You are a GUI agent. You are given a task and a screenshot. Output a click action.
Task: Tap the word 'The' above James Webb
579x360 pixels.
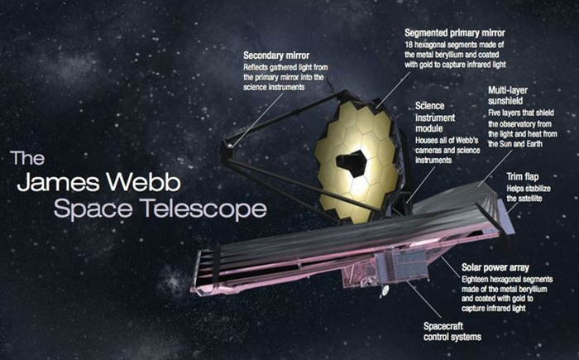point(24,158)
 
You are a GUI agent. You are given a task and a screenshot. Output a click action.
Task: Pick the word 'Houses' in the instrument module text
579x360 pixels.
point(428,140)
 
